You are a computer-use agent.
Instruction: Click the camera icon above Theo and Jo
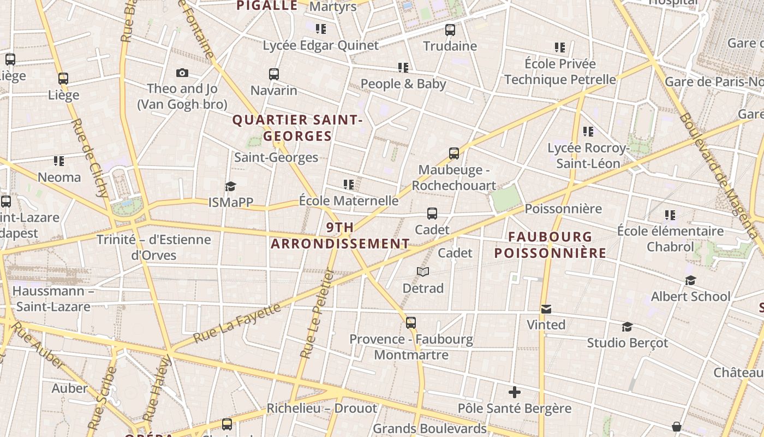pyautogui.click(x=182, y=73)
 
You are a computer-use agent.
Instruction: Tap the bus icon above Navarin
pyautogui.click(x=274, y=74)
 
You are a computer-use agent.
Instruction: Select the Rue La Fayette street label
pyautogui.click(x=237, y=322)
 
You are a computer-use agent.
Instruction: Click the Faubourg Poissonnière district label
pyautogui.click(x=550, y=245)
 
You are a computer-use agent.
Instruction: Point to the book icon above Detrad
pyautogui.click(x=423, y=271)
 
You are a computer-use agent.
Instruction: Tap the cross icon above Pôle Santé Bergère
pyautogui.click(x=514, y=392)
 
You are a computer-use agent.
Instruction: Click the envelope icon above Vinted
pyautogui.click(x=546, y=309)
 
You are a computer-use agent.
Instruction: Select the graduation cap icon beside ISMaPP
pyautogui.click(x=230, y=186)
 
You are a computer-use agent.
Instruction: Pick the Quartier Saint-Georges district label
pyautogui.click(x=297, y=128)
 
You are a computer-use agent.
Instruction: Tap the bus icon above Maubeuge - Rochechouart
pyautogui.click(x=454, y=153)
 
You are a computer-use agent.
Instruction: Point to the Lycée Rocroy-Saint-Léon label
pyautogui.click(x=588, y=156)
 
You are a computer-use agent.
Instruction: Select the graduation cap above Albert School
pyautogui.click(x=690, y=281)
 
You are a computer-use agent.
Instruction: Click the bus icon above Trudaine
pyautogui.click(x=450, y=30)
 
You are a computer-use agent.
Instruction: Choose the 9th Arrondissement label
pyautogui.click(x=340, y=235)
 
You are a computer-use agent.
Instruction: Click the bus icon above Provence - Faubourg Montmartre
pyautogui.click(x=411, y=323)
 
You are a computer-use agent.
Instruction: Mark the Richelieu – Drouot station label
pyautogui.click(x=321, y=409)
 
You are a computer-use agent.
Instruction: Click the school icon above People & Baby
pyautogui.click(x=403, y=68)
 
